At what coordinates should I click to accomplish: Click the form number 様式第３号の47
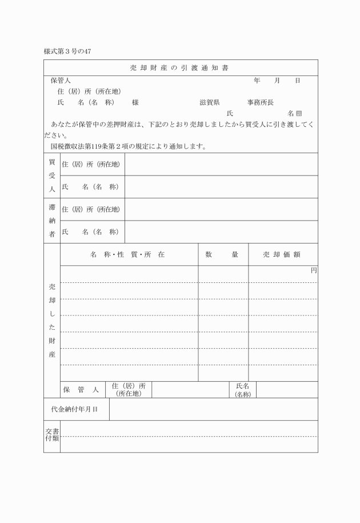(x=67, y=51)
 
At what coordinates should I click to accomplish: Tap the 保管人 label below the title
(x=60, y=81)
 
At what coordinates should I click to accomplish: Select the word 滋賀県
(x=210, y=102)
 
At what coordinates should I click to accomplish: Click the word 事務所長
(x=260, y=102)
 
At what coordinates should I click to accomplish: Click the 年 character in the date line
(x=257, y=81)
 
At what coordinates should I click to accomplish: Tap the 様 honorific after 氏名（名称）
(x=135, y=102)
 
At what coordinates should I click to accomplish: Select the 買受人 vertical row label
(x=51, y=175)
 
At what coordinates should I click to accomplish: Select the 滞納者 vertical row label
(x=51, y=220)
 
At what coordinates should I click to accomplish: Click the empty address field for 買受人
(x=221, y=164)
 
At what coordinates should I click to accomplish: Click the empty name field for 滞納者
(x=221, y=231)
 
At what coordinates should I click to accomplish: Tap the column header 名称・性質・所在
(x=127, y=254)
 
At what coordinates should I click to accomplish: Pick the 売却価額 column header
(x=282, y=254)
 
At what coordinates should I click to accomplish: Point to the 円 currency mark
(x=313, y=270)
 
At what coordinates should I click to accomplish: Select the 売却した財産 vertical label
(x=51, y=320)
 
